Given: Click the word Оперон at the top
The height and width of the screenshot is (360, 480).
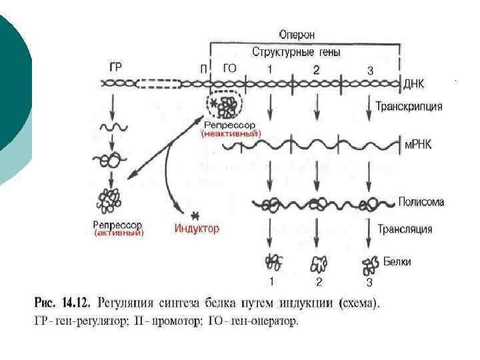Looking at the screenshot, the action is pos(297,34).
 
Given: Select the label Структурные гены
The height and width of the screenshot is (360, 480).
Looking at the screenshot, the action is pos(297,51).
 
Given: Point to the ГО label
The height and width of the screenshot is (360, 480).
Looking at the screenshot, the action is pos(229,68).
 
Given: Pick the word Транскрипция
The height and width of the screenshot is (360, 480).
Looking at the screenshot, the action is pos(409,105).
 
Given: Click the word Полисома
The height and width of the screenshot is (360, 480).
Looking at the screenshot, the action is pos(421,201).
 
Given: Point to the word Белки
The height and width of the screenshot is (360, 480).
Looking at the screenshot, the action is pos(397,261).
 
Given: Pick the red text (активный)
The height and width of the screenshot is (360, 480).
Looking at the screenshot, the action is pos(119,233).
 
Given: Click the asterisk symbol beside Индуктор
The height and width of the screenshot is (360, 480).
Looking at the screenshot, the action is pos(195,215).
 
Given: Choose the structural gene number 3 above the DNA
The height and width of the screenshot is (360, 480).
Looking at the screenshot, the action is pos(370,69).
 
